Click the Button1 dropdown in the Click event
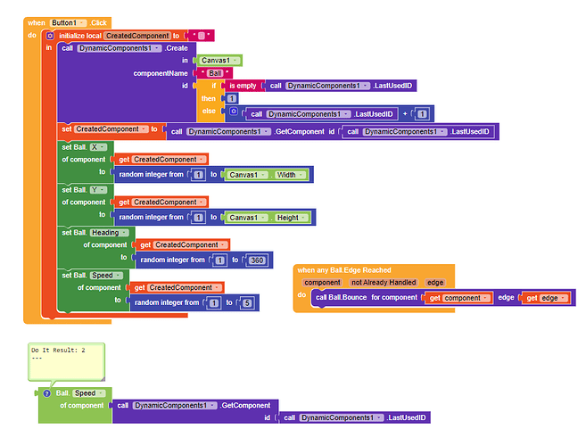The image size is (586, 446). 68,23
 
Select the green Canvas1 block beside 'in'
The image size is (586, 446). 219,60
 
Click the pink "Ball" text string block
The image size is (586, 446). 215,73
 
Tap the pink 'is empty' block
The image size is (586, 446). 243,86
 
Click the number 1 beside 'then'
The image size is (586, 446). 232,98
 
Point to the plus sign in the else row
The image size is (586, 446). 405,113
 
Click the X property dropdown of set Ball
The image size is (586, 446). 98,147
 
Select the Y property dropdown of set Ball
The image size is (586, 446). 98,190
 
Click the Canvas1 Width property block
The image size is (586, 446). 267,175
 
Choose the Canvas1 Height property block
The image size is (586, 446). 268,218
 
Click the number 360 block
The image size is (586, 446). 257,260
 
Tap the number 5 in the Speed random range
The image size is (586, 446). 247,302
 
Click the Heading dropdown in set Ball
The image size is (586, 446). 109,233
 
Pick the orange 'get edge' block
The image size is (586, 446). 547,298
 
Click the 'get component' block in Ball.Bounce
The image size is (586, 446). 459,298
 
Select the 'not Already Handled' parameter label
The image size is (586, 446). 384,282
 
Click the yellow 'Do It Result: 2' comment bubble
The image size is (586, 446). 67,361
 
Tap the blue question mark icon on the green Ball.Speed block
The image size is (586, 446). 46,393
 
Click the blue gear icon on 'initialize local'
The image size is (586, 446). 50,36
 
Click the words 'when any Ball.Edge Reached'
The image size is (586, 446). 344,270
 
